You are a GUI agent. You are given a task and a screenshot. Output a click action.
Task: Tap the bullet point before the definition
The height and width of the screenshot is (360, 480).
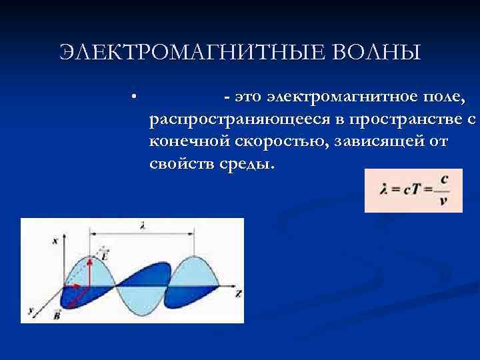(x=135, y=97)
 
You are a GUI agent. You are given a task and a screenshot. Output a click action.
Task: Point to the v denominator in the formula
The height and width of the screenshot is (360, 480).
(x=443, y=201)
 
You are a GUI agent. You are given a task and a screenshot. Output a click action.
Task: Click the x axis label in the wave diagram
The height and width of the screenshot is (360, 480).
(x=55, y=241)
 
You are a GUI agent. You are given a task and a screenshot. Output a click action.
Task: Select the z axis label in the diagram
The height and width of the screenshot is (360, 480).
(x=238, y=293)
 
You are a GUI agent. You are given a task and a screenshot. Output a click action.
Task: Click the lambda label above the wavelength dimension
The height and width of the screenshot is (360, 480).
(x=143, y=227)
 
